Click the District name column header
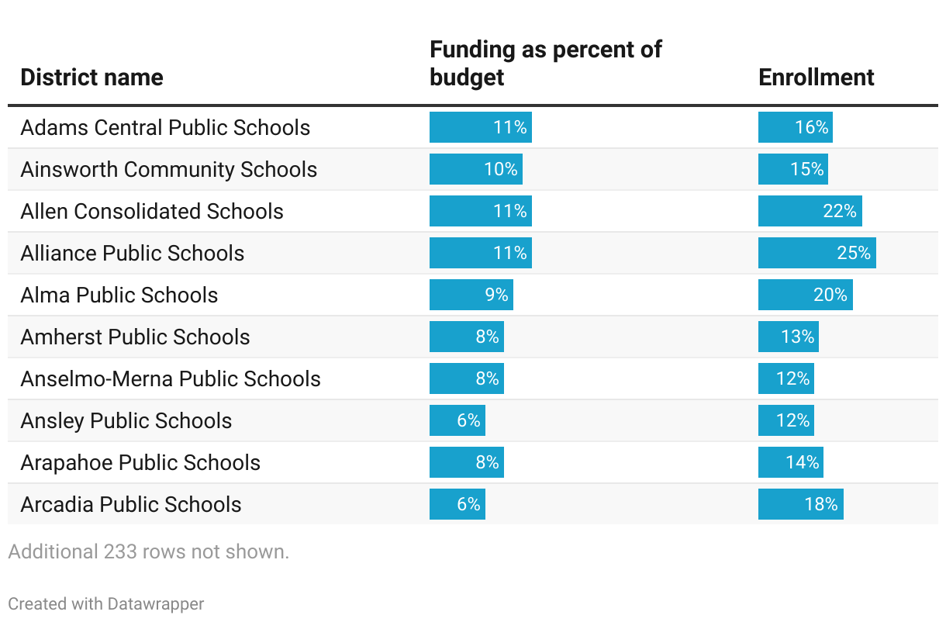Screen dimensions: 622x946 click(x=91, y=78)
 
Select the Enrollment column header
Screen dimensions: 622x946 click(x=816, y=78)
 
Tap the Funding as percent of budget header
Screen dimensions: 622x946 click(x=545, y=64)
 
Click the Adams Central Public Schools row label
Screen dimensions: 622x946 click(x=165, y=128)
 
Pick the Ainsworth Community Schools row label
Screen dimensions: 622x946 click(x=168, y=170)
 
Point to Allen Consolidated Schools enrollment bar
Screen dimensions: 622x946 click(x=810, y=211)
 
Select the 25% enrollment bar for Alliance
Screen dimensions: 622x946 click(x=817, y=253)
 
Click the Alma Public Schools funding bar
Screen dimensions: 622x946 click(x=471, y=295)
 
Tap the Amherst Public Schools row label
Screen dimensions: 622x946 click(x=135, y=337)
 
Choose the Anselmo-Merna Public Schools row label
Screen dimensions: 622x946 click(x=170, y=379)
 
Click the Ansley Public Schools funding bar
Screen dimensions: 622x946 click(x=457, y=420)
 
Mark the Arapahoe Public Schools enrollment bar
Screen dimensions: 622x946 click(x=790, y=462)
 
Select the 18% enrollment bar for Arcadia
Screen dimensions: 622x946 click(x=800, y=504)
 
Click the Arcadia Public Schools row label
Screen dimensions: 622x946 click(x=130, y=505)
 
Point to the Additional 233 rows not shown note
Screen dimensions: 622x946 click(x=148, y=552)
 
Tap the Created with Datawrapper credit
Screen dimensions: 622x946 click(x=106, y=603)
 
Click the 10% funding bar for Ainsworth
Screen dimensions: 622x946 click(x=475, y=169)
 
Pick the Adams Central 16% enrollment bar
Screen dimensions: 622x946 click(x=795, y=127)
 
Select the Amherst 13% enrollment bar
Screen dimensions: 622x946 click(x=788, y=337)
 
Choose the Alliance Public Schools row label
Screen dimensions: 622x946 click(x=132, y=254)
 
